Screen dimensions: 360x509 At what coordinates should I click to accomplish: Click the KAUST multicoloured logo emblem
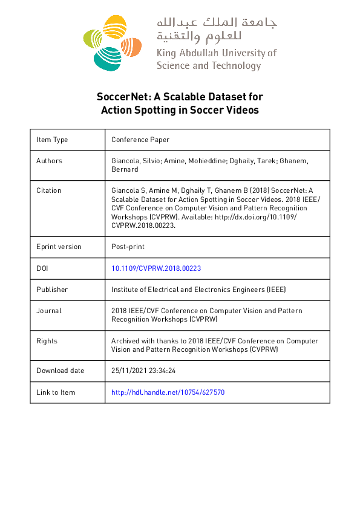tap(111, 42)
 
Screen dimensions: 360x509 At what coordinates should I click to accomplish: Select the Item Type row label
tap(52, 140)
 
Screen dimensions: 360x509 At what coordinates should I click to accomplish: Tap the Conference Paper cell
tap(140, 140)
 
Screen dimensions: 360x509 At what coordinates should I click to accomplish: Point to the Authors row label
tap(49, 161)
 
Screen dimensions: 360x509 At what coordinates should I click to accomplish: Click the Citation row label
tap(49, 190)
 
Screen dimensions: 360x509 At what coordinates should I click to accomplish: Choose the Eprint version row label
tap(59, 247)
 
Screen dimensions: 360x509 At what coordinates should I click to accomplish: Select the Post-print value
tap(128, 247)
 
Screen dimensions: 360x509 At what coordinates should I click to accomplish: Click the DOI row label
tap(42, 268)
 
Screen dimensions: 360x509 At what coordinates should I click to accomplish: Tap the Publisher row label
tap(52, 290)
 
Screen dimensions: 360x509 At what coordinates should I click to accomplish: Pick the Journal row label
tap(49, 311)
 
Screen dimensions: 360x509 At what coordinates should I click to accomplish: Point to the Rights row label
tap(47, 341)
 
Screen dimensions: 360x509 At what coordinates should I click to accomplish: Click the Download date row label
tap(61, 371)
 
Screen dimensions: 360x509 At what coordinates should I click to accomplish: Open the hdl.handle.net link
tap(168, 392)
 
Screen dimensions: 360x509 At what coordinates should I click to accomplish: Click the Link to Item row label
tap(56, 392)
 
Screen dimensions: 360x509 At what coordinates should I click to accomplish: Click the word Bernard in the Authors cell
tap(125, 169)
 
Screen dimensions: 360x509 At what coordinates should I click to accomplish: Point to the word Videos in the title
tap(241, 110)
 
